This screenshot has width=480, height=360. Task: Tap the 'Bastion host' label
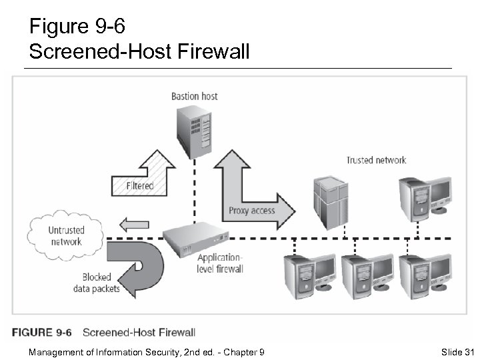(194, 96)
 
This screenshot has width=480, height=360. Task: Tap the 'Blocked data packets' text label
(97, 283)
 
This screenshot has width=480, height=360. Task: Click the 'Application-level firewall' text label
(220, 263)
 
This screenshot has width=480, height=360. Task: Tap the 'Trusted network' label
(376, 160)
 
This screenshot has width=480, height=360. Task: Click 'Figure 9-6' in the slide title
(77, 27)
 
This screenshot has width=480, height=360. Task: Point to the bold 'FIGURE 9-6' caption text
(41, 332)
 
